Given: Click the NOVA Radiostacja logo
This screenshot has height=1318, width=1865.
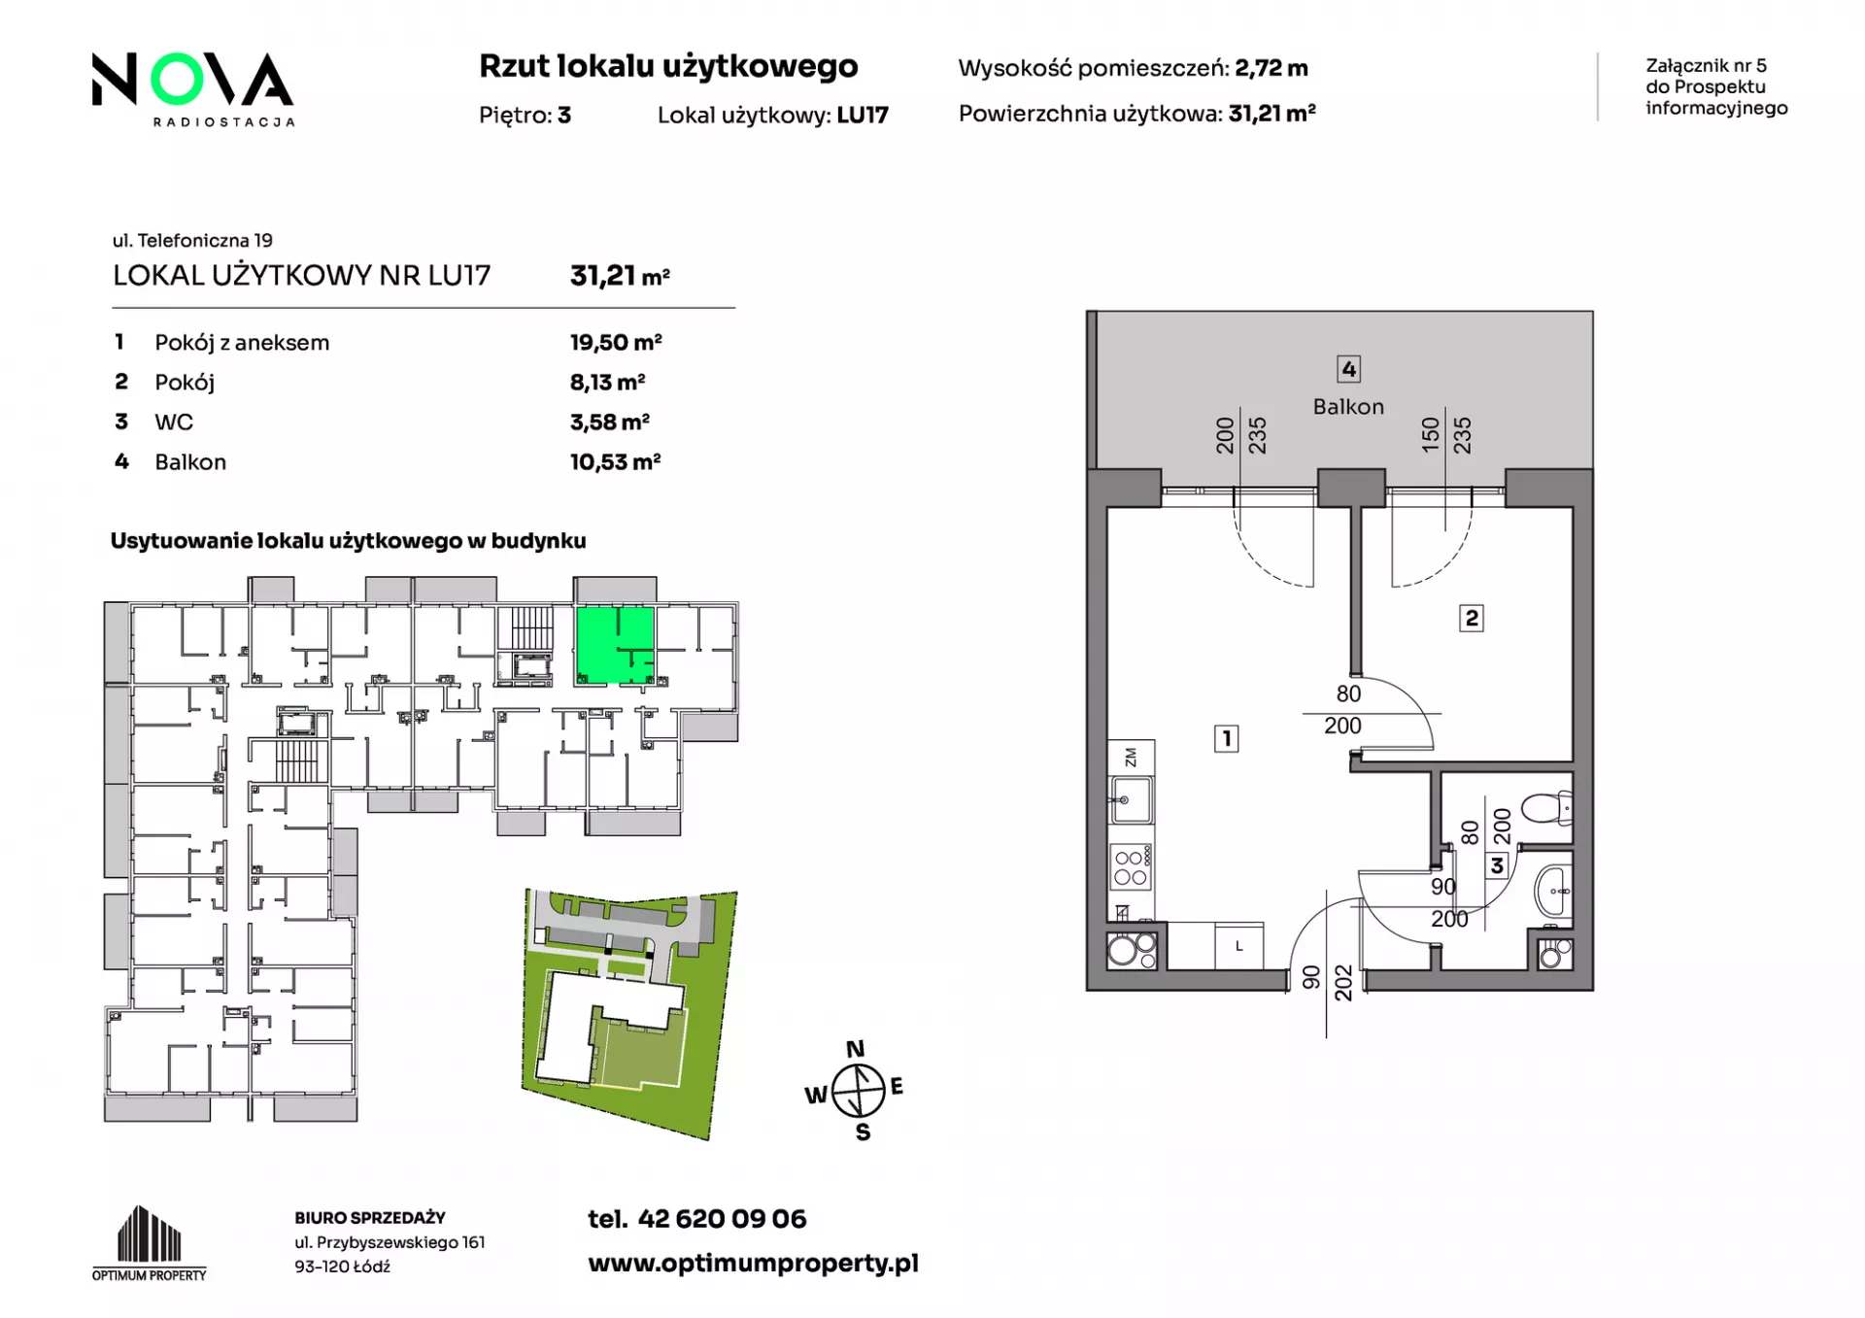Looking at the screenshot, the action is point(192,88).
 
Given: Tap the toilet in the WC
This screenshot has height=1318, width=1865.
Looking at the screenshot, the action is point(1547,808).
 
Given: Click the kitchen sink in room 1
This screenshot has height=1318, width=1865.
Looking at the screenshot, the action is point(1131,800).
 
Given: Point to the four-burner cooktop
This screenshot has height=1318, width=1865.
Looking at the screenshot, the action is point(1132,867).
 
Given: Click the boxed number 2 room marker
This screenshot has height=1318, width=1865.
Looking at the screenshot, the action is point(1472,618).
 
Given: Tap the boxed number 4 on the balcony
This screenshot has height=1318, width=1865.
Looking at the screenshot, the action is point(1348,369).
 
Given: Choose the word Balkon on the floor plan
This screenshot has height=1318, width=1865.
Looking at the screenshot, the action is point(1348,407).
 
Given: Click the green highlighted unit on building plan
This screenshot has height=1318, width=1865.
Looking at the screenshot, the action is point(615,646).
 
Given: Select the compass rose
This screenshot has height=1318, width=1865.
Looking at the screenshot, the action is point(858,1091).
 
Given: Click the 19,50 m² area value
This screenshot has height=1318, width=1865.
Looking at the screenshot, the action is point(616,342).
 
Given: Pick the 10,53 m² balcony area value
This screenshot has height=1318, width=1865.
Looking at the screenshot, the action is point(615,461).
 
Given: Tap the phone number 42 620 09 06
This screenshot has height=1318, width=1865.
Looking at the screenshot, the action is point(722,1219).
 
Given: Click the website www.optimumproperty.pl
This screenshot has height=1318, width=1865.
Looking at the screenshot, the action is point(753,1264).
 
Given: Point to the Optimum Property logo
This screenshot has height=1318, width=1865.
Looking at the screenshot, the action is point(149,1243).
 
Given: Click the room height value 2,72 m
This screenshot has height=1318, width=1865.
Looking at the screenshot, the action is point(1272,68).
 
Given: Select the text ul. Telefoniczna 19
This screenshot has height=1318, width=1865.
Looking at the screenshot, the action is point(192,240).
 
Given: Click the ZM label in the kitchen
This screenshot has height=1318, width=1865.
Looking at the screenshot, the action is point(1131,757).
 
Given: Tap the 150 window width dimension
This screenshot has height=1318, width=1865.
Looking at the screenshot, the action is point(1430,435).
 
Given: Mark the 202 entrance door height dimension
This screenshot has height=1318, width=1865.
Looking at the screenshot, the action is point(1343,983).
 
